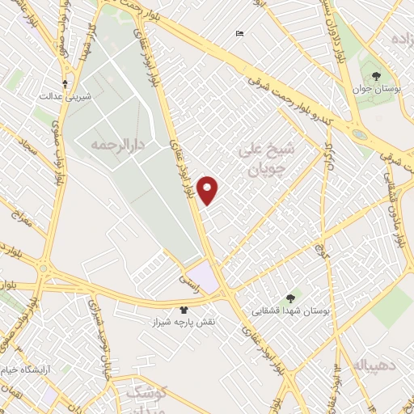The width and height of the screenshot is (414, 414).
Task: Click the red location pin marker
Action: (x=209, y=190)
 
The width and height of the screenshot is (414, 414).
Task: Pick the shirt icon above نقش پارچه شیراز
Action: (x=184, y=309)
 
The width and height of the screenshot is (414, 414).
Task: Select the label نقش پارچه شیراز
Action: (x=184, y=321)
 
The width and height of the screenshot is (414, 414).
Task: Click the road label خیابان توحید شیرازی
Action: (x=95, y=312)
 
